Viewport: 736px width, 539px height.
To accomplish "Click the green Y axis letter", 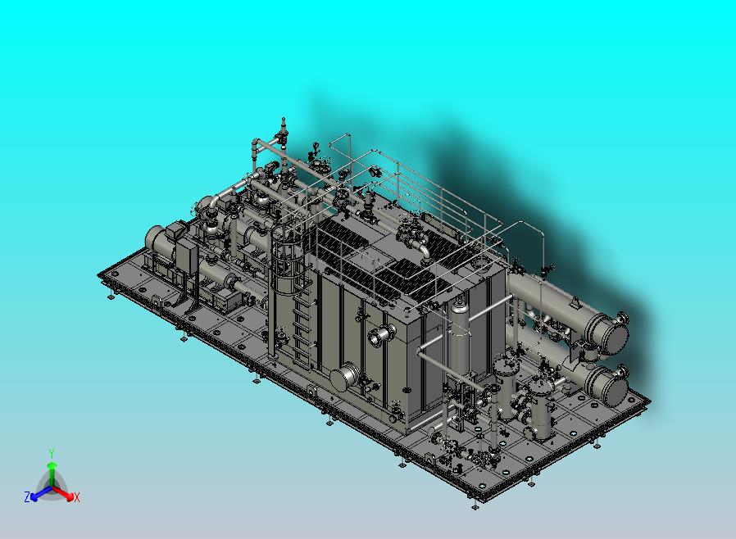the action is tap(52, 453).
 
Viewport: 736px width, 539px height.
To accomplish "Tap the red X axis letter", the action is tap(77, 497).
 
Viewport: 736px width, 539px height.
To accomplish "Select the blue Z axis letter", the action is tap(27, 496).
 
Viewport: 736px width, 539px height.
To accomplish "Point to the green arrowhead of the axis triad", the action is tap(52, 465).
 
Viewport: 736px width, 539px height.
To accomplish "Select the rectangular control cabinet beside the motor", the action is tap(188, 256).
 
